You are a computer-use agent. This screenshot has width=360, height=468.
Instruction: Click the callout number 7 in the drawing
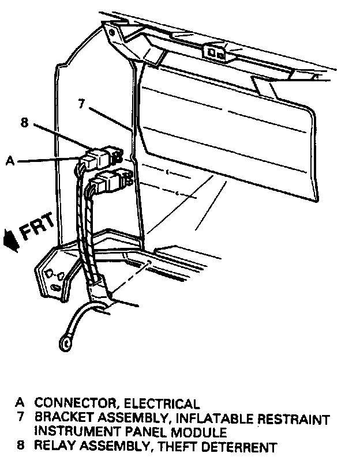[x=81, y=104]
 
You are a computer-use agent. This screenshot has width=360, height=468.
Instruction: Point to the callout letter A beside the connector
[x=10, y=162]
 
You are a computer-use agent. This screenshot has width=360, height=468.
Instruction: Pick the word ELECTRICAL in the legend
[x=162, y=404]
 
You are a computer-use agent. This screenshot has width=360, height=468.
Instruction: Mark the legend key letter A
[x=20, y=404]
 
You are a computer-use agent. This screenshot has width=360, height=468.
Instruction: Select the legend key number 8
[x=21, y=446]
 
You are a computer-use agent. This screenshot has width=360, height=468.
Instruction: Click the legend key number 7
[x=21, y=418]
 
